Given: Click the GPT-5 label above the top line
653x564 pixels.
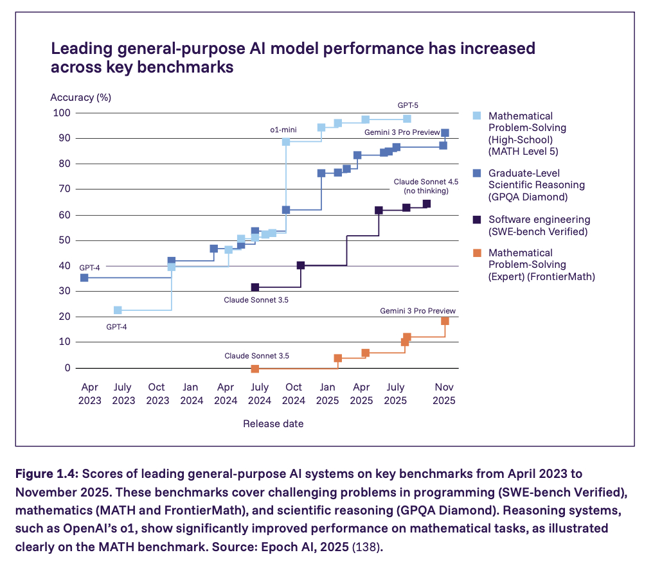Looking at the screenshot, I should tap(408, 105).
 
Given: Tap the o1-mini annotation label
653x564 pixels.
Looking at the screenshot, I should tap(283, 130).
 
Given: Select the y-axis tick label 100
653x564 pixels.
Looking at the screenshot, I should tap(62, 113).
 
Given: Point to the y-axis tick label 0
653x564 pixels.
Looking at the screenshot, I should tap(66, 368).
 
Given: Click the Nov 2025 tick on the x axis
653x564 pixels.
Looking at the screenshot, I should tap(445, 394).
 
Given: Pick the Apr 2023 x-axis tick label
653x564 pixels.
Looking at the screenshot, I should tap(90, 394).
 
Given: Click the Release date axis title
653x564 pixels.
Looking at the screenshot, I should tap(273, 424).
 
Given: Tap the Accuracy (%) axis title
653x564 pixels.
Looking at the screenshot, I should tap(80, 98).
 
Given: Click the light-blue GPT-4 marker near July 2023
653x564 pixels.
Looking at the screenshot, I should tap(118, 310).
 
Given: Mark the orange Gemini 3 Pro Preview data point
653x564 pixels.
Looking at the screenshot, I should tap(445, 321).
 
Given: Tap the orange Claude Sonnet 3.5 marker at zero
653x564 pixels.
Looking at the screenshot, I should tap(255, 369).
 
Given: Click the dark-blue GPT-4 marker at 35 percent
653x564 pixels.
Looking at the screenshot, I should tap(84, 278).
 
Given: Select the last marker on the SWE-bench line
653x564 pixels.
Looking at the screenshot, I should tap(427, 204).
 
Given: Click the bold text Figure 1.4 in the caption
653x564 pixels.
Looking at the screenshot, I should tap(42, 474).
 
